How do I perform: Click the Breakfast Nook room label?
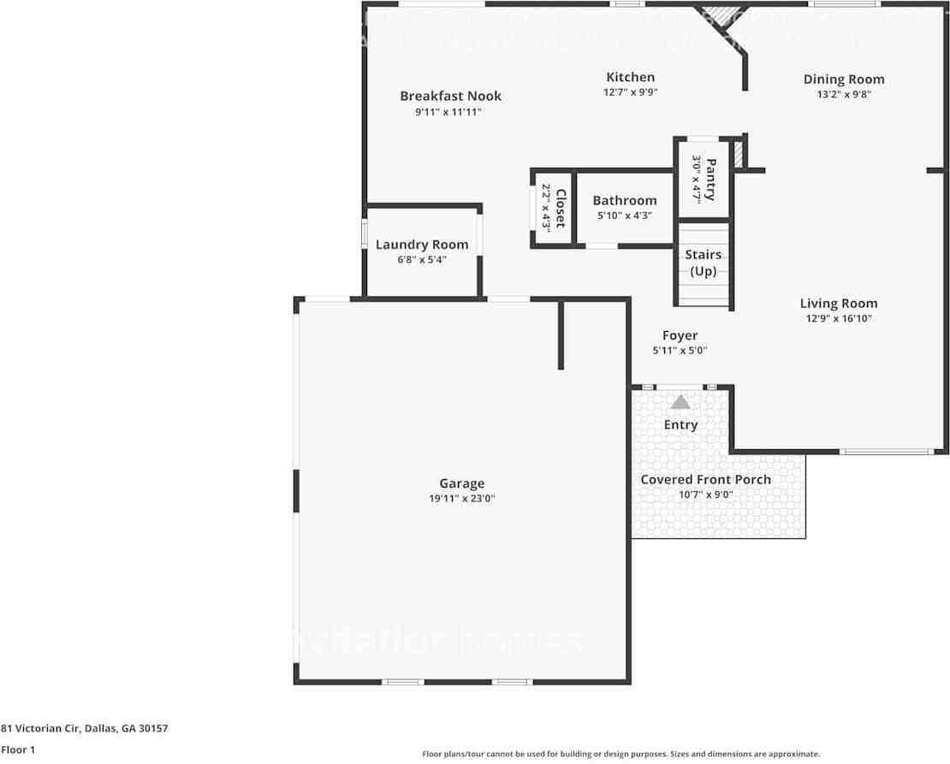pyautogui.click(x=450, y=96)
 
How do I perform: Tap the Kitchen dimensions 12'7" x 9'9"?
pyautogui.click(x=630, y=92)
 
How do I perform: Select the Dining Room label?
pyautogui.click(x=844, y=80)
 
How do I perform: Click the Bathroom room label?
pyautogui.click(x=625, y=201)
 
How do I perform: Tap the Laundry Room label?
pyautogui.click(x=422, y=245)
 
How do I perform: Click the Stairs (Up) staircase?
pyautogui.click(x=704, y=264)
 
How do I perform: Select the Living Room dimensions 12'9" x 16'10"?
pyautogui.click(x=838, y=318)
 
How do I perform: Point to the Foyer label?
pyautogui.click(x=680, y=335)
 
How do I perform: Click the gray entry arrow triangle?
pyautogui.click(x=680, y=401)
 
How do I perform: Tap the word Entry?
pyautogui.click(x=680, y=424)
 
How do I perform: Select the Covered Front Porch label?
pyautogui.click(x=705, y=479)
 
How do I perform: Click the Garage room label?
pyautogui.click(x=462, y=483)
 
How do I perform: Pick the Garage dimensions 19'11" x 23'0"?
pyautogui.click(x=462, y=498)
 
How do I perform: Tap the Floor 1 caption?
pyautogui.click(x=18, y=749)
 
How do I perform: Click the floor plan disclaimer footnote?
pyautogui.click(x=620, y=754)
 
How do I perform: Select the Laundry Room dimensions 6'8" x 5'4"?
pyautogui.click(x=422, y=259)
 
